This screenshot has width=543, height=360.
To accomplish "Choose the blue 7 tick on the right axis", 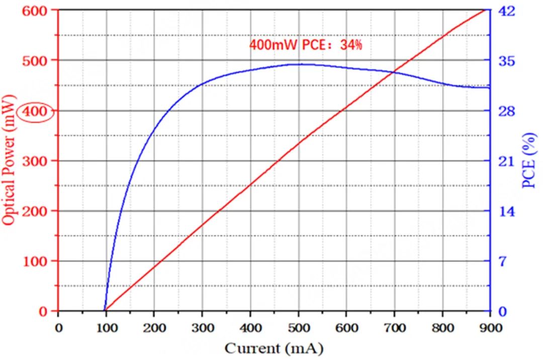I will (x=501, y=261).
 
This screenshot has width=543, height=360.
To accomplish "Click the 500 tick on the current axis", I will (x=299, y=328).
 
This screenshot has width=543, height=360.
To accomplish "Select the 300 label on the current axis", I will (x=203, y=328).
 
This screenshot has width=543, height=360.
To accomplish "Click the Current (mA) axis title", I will (x=274, y=348).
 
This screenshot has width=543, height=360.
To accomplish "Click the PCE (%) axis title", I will (x=529, y=161).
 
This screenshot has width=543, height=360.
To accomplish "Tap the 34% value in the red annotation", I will (x=350, y=45).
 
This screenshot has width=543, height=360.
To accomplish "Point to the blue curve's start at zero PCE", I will (x=104, y=311).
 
